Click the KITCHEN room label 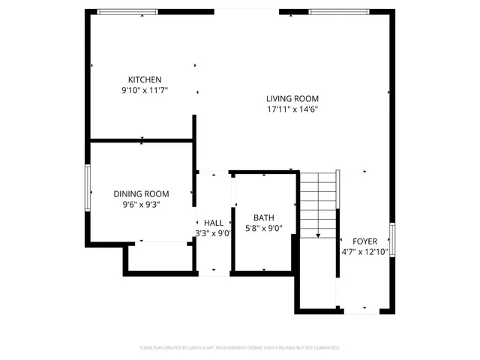(x=145, y=79)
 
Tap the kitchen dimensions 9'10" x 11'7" (x=145, y=90)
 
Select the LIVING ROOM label (x=292, y=98)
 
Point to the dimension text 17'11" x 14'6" (x=292, y=109)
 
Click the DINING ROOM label (x=141, y=193)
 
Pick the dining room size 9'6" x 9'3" (x=141, y=203)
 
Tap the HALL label (x=214, y=223)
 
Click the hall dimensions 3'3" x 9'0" (x=214, y=233)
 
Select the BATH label (x=263, y=218)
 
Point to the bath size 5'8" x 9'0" (x=263, y=229)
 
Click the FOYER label (x=364, y=241)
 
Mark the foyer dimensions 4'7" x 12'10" (x=364, y=252)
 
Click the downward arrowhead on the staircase (x=318, y=235)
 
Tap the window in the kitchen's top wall (x=128, y=11)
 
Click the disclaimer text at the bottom (x=240, y=348)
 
